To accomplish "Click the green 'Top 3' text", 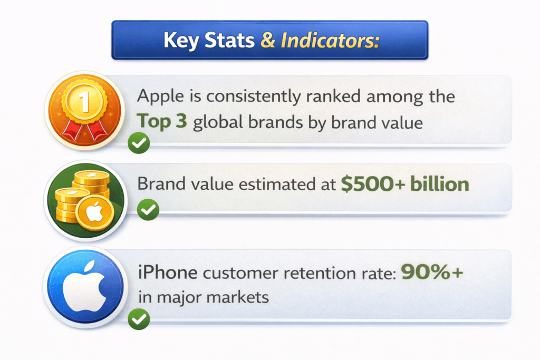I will pos(163,122).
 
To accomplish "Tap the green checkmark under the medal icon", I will pos(139,143).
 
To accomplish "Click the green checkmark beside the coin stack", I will pos(148,210).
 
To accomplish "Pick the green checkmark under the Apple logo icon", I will pos(139,319).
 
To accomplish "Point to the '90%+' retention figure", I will pos(432,272).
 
